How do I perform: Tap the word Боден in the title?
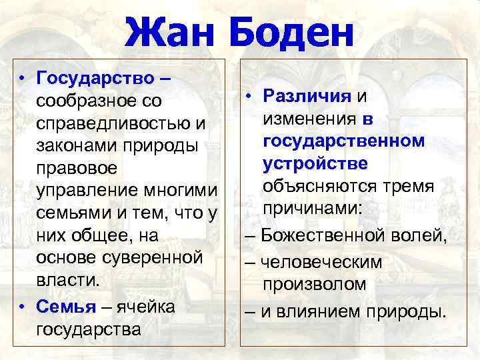pyautogui.click(x=289, y=33)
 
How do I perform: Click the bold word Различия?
pyautogui.click(x=306, y=96)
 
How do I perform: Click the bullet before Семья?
pyautogui.click(x=23, y=306)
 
